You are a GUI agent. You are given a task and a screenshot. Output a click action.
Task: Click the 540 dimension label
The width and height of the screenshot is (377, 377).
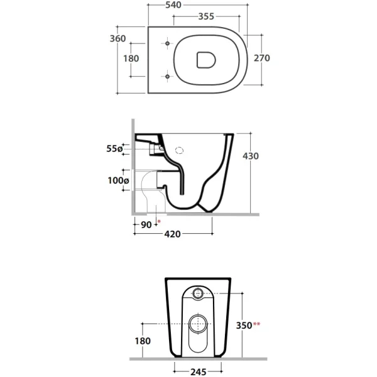173,5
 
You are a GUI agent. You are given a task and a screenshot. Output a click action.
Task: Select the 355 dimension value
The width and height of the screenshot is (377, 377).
206,16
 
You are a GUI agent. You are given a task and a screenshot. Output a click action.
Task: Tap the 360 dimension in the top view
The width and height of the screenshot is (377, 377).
118,38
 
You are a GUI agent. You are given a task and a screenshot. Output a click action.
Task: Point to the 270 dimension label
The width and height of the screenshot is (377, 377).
262,58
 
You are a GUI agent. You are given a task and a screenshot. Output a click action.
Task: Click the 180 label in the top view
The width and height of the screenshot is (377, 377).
131,58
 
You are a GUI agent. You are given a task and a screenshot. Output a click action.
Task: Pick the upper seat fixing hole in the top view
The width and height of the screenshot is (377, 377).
168,43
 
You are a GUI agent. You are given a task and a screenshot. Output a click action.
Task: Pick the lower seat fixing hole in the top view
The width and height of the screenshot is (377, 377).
168,77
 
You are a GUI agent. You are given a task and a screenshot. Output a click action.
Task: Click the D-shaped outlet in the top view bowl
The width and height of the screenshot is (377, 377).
206,60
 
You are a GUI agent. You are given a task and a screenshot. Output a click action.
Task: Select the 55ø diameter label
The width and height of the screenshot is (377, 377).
114,149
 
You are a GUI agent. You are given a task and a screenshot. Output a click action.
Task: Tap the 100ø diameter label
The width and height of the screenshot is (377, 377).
118,180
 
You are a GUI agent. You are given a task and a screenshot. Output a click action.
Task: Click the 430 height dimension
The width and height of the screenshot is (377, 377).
251,156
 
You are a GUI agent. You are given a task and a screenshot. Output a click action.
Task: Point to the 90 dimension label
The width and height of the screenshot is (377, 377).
146,225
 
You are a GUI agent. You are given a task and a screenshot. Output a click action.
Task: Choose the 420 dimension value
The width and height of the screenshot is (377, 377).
172,234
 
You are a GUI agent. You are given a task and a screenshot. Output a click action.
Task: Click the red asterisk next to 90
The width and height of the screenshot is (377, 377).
159,221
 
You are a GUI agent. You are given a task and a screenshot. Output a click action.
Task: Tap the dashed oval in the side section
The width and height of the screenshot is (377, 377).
179,151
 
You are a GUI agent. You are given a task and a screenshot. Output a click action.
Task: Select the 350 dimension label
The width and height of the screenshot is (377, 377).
244,325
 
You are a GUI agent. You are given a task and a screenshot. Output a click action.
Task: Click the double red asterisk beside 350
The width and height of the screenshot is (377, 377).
256,324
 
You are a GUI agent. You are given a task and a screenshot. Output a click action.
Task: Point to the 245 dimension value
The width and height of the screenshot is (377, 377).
199,372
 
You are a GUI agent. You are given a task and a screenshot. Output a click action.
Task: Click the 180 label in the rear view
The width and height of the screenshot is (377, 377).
143,341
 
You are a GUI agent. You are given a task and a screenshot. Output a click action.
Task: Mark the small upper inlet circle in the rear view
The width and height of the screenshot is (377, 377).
198,293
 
